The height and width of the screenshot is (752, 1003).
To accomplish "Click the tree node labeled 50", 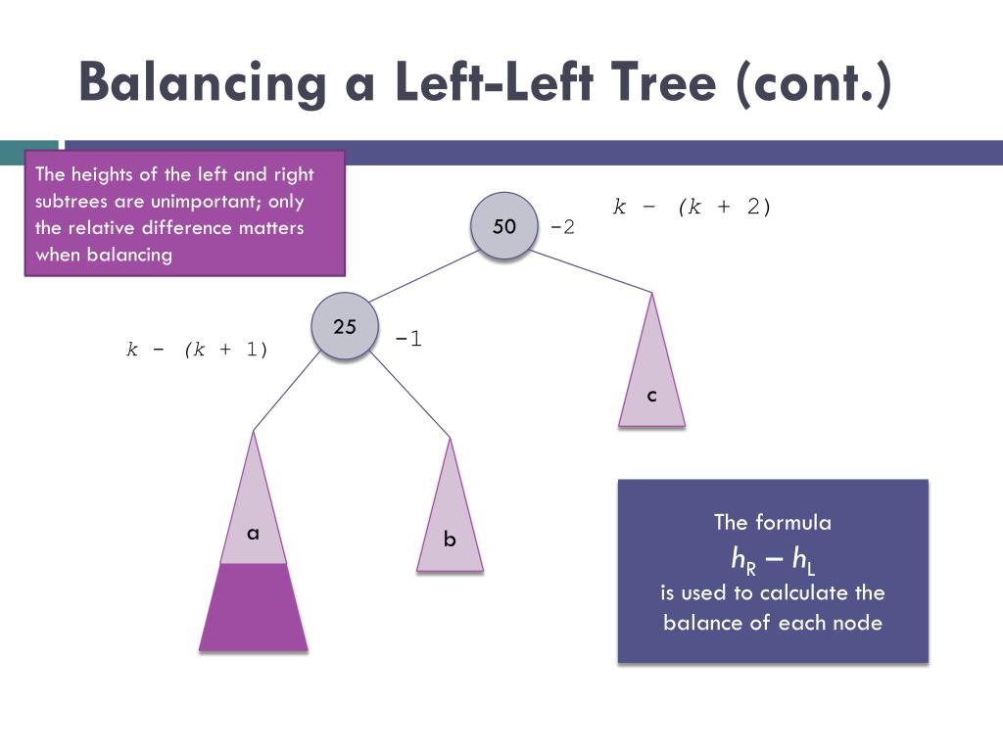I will [503, 226].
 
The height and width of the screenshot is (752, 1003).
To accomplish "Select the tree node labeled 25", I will [345, 327].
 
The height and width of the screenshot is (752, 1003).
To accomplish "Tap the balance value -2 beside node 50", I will [562, 227].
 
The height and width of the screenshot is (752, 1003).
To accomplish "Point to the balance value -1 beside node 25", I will [408, 339].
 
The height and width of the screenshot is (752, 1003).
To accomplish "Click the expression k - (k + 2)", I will [693, 206].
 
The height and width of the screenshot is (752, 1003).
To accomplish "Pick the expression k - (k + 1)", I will [197, 349].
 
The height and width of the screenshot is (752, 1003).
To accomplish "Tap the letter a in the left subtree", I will [253, 533].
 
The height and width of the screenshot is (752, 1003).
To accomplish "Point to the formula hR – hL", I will [773, 558].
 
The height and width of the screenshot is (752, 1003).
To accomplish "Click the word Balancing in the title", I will [202, 82].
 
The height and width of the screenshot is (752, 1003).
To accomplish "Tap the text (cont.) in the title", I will [816, 82].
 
